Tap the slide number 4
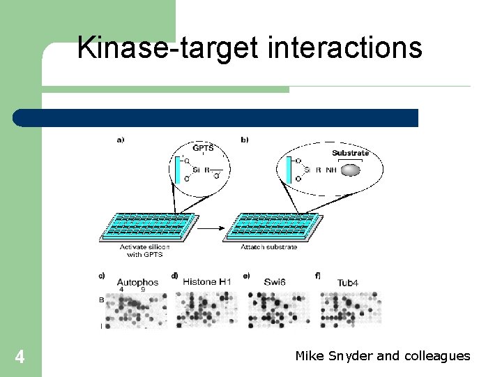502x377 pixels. point(20,357)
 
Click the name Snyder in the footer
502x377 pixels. point(352,356)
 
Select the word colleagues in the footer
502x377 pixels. point(437,356)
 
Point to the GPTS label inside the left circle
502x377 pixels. point(203,148)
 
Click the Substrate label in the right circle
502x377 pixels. point(350,153)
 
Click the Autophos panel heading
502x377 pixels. point(137,282)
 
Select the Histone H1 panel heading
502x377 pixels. point(206,281)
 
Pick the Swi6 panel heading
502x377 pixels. point(275,282)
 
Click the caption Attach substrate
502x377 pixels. point(268,247)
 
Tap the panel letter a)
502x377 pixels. point(120,140)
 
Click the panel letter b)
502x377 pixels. point(244,140)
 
